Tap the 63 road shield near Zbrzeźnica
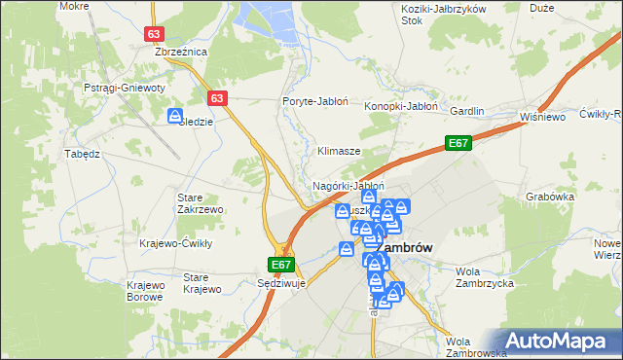155,33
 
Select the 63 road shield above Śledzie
217,98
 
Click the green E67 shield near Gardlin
459,144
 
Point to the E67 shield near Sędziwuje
281,264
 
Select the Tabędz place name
82,154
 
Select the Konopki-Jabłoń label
401,106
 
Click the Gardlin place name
466,111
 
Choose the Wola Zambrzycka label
484,276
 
